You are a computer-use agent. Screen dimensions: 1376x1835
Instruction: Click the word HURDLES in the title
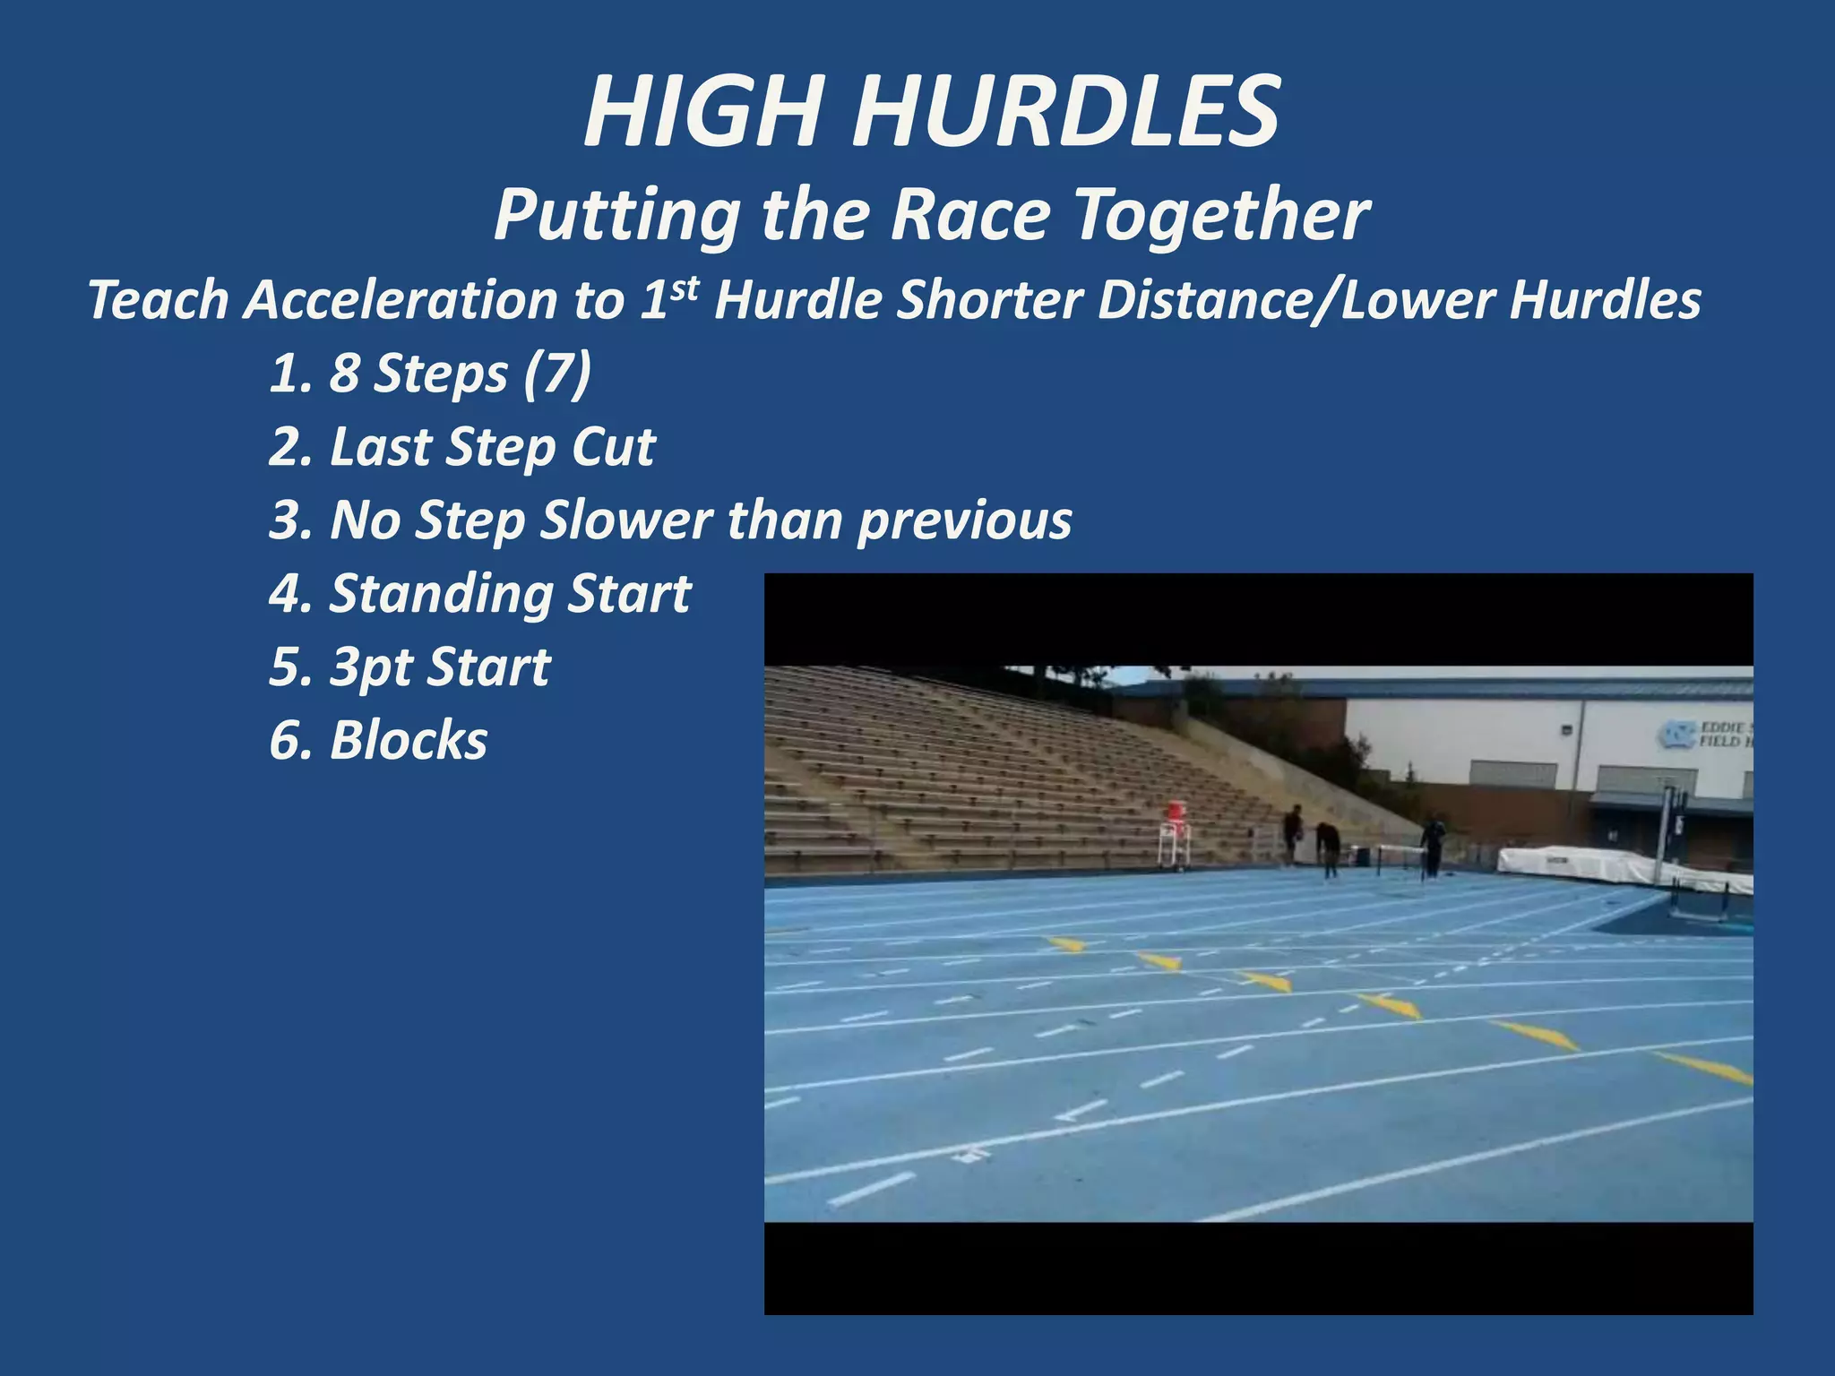[x=1066, y=113]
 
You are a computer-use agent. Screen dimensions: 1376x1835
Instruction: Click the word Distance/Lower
[x=1296, y=300]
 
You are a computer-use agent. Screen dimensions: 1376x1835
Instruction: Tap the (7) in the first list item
[x=557, y=373]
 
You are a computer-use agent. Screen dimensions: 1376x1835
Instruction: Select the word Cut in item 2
[x=614, y=446]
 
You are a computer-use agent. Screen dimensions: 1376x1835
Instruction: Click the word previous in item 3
[x=964, y=520]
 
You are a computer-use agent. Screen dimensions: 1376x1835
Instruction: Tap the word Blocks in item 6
[x=409, y=741]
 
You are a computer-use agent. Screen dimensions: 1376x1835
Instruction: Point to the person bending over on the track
[x=1328, y=847]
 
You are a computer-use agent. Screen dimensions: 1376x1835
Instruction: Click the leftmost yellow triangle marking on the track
[x=1066, y=943]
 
